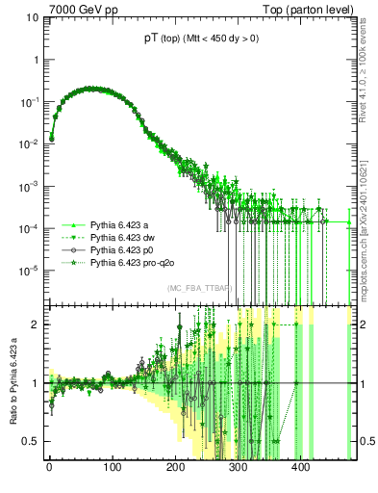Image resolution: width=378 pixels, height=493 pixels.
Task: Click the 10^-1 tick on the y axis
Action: point(30,101)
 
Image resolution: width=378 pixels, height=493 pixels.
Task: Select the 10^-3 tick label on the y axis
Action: point(30,186)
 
